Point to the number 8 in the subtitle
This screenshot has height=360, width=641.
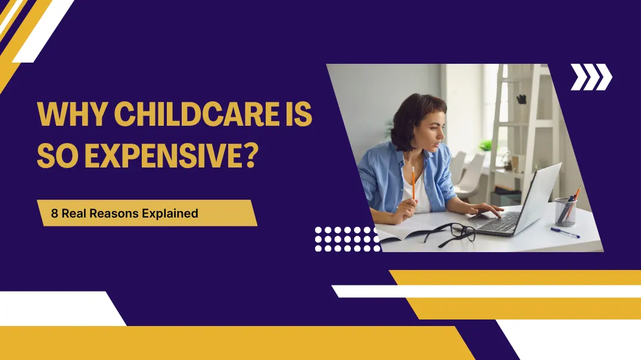pos(54,213)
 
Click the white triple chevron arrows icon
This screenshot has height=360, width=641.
pos(591,77)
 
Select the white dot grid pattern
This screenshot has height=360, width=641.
pos(347,238)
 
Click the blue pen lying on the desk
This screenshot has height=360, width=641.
pos(565,232)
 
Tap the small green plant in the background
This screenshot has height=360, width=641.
pos(486,145)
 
